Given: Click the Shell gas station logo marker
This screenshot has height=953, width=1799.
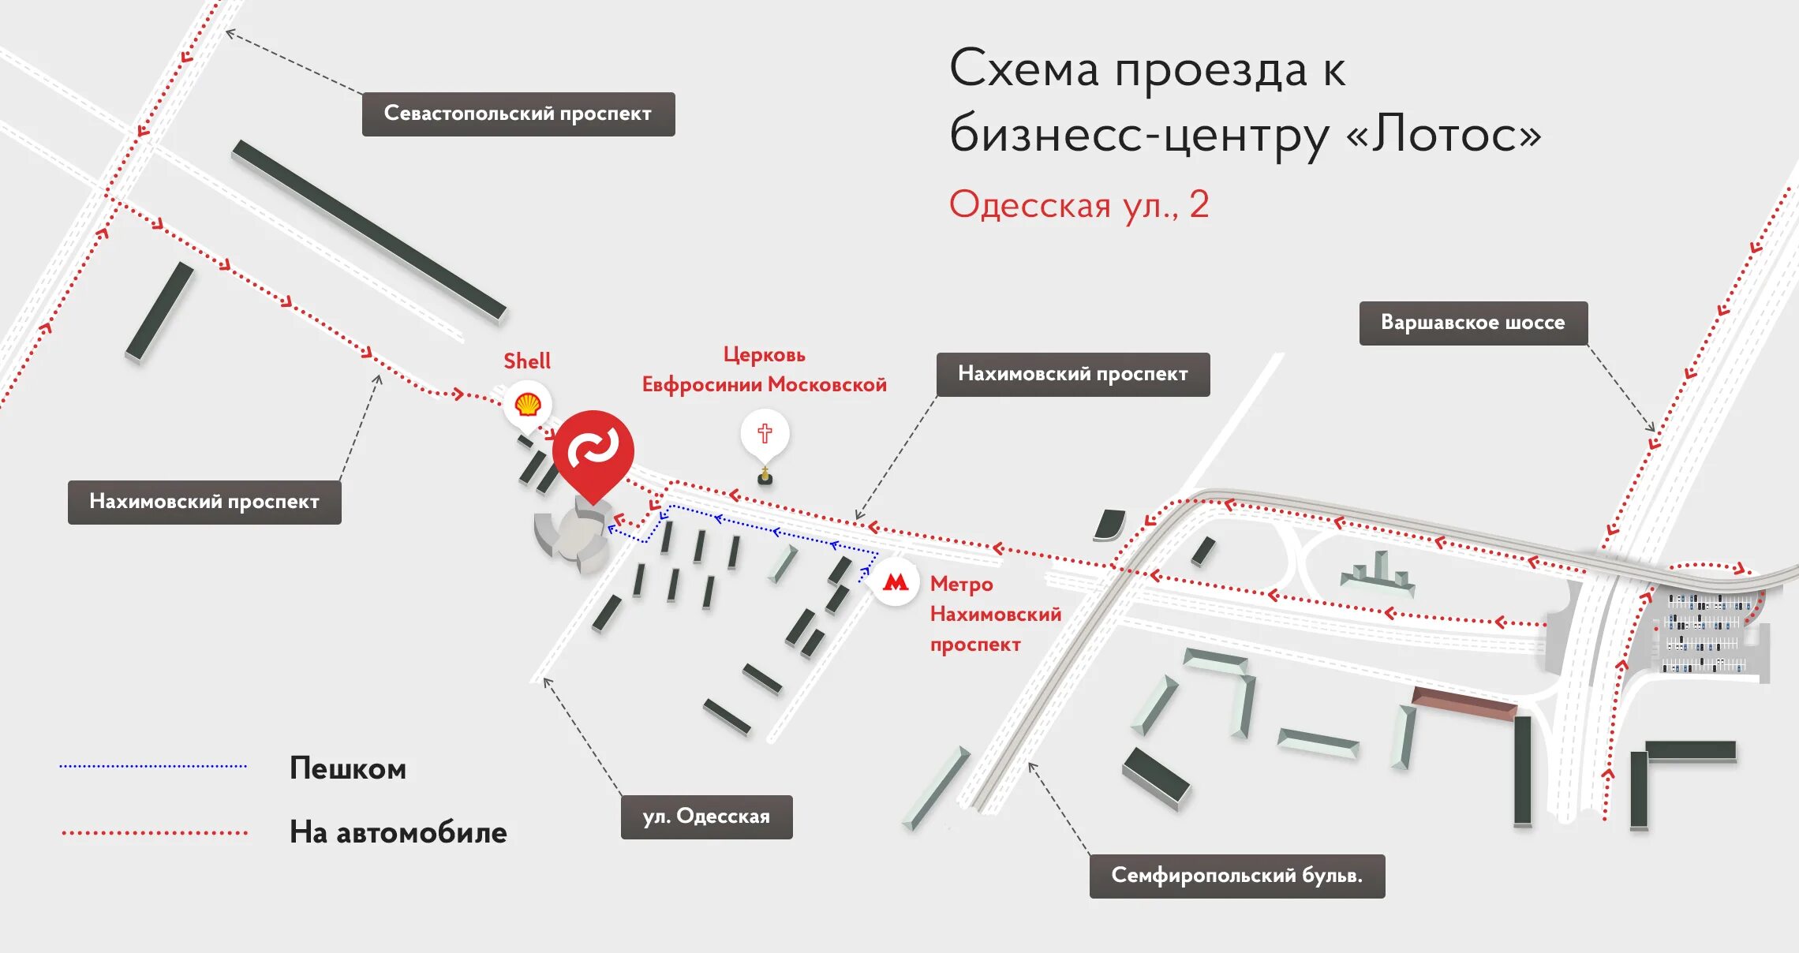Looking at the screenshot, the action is (527, 405).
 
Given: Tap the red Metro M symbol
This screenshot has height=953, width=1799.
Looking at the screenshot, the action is (895, 583).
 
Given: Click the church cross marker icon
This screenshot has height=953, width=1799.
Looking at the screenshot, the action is (764, 433).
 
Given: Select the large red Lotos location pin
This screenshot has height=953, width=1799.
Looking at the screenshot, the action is (593, 450).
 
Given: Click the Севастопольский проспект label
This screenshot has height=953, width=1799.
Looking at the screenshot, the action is (518, 114).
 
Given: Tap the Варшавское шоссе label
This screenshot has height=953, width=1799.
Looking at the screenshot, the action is (1472, 323).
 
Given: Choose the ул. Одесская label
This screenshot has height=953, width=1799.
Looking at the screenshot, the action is (706, 817).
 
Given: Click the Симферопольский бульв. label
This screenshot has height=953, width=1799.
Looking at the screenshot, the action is (1236, 876).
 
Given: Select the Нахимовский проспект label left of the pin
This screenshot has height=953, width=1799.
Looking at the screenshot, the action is (204, 502).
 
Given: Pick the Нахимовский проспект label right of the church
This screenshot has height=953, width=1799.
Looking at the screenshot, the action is (1072, 374).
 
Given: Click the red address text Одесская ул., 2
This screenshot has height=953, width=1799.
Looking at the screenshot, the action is (1078, 205).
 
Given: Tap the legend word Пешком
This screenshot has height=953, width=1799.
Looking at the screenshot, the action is (348, 768).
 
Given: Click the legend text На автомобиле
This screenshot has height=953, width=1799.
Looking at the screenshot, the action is (398, 833).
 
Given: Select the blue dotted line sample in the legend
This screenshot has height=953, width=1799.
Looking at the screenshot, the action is (153, 766).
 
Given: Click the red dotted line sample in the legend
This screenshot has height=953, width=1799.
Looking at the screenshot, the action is (155, 832).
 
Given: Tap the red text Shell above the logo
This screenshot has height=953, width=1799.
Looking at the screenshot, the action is (527, 361).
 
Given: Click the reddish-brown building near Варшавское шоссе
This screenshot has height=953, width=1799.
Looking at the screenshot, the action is (1464, 702).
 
